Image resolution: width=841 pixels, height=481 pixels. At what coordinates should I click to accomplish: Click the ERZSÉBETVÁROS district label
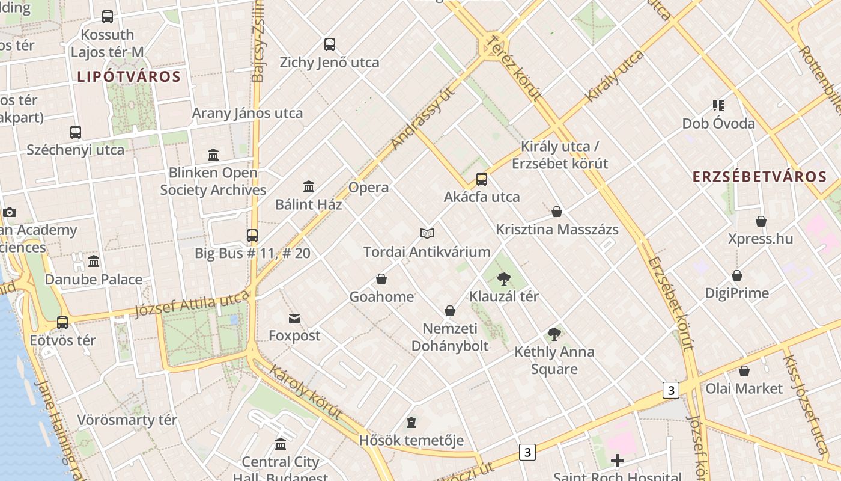point(759,177)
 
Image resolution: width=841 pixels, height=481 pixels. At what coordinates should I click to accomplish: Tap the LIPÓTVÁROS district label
point(129,77)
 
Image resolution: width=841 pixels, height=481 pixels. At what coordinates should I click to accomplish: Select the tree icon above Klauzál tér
point(503,278)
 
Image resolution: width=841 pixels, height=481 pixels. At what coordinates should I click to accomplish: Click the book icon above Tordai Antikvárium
point(427,233)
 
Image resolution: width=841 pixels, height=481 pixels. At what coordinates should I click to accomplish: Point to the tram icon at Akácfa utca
point(482,179)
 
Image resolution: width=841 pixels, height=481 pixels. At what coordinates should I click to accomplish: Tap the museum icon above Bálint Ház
point(309,186)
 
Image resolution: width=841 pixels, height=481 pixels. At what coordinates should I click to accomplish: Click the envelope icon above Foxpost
point(294,318)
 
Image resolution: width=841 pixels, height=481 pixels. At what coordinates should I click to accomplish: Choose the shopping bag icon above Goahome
point(381,279)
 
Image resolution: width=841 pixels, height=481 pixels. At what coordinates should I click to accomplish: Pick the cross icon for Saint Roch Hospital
point(617,461)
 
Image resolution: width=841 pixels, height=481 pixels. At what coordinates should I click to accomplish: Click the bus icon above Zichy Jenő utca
point(330,44)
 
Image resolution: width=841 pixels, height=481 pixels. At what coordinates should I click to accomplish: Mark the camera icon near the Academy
point(9,212)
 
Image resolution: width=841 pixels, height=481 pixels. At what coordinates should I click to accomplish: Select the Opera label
point(368,188)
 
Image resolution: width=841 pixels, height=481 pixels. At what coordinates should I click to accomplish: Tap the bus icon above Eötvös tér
point(62,322)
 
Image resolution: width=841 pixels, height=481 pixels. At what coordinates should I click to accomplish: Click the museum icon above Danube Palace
point(94,262)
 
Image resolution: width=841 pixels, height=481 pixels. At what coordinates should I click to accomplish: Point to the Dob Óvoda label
point(718,124)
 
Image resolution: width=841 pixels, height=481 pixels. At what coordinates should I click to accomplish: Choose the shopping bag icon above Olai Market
point(744,371)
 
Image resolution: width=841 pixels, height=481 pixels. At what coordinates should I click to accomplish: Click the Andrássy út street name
point(423,118)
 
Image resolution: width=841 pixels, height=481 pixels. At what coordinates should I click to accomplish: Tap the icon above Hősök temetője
point(411,423)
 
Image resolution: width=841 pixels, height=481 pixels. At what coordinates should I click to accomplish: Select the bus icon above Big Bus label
point(252,235)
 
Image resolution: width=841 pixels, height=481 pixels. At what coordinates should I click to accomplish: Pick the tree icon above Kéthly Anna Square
point(554,334)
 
